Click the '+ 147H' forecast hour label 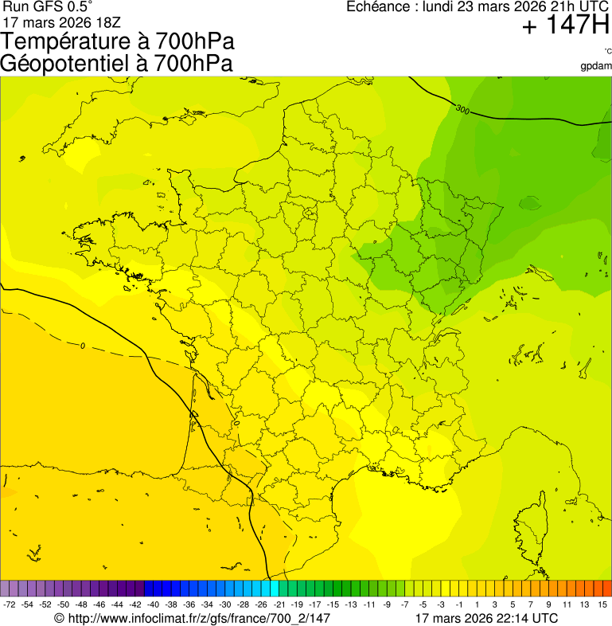(x=566, y=25)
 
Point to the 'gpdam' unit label (x=597, y=65)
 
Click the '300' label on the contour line (x=462, y=108)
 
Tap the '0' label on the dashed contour (x=83, y=345)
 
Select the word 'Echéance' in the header (x=375, y=6)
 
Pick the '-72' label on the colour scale (x=10, y=604)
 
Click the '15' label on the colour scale (x=603, y=604)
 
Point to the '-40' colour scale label (x=153, y=604)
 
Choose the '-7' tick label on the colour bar (x=405, y=604)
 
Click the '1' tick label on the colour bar (x=477, y=604)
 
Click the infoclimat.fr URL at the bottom (x=192, y=617)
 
